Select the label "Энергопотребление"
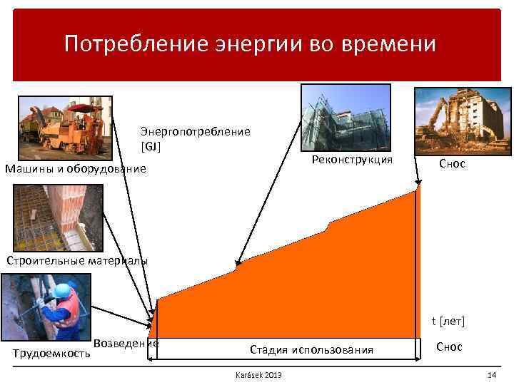pyautogui.click(x=195, y=132)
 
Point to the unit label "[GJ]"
pyautogui.click(x=151, y=147)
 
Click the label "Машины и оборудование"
pyautogui.click(x=75, y=169)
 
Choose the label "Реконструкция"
pyautogui.click(x=353, y=160)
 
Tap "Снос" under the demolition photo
pyautogui.click(x=452, y=164)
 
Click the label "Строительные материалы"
pyautogui.click(x=77, y=260)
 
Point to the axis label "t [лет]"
pyautogui.click(x=448, y=322)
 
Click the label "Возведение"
pyautogui.click(x=126, y=343)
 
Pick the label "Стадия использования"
pyautogui.click(x=311, y=349)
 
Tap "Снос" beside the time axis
pyautogui.click(x=449, y=347)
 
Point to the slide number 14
pyautogui.click(x=491, y=376)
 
